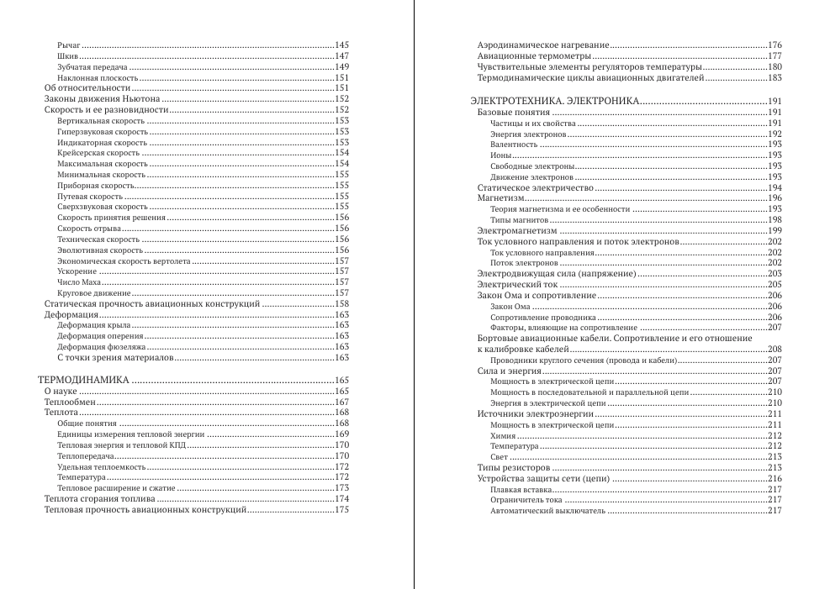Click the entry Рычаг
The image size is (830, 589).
click(x=69, y=44)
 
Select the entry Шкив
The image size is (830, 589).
click(x=68, y=55)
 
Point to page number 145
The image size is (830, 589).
click(x=341, y=44)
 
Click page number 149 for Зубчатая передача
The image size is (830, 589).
click(x=341, y=66)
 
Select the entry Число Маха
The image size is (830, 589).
click(x=74, y=281)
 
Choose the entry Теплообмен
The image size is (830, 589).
click(x=70, y=402)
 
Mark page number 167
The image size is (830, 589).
click(x=341, y=402)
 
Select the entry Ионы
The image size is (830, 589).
click(x=500, y=155)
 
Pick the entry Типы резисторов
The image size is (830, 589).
click(x=514, y=467)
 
